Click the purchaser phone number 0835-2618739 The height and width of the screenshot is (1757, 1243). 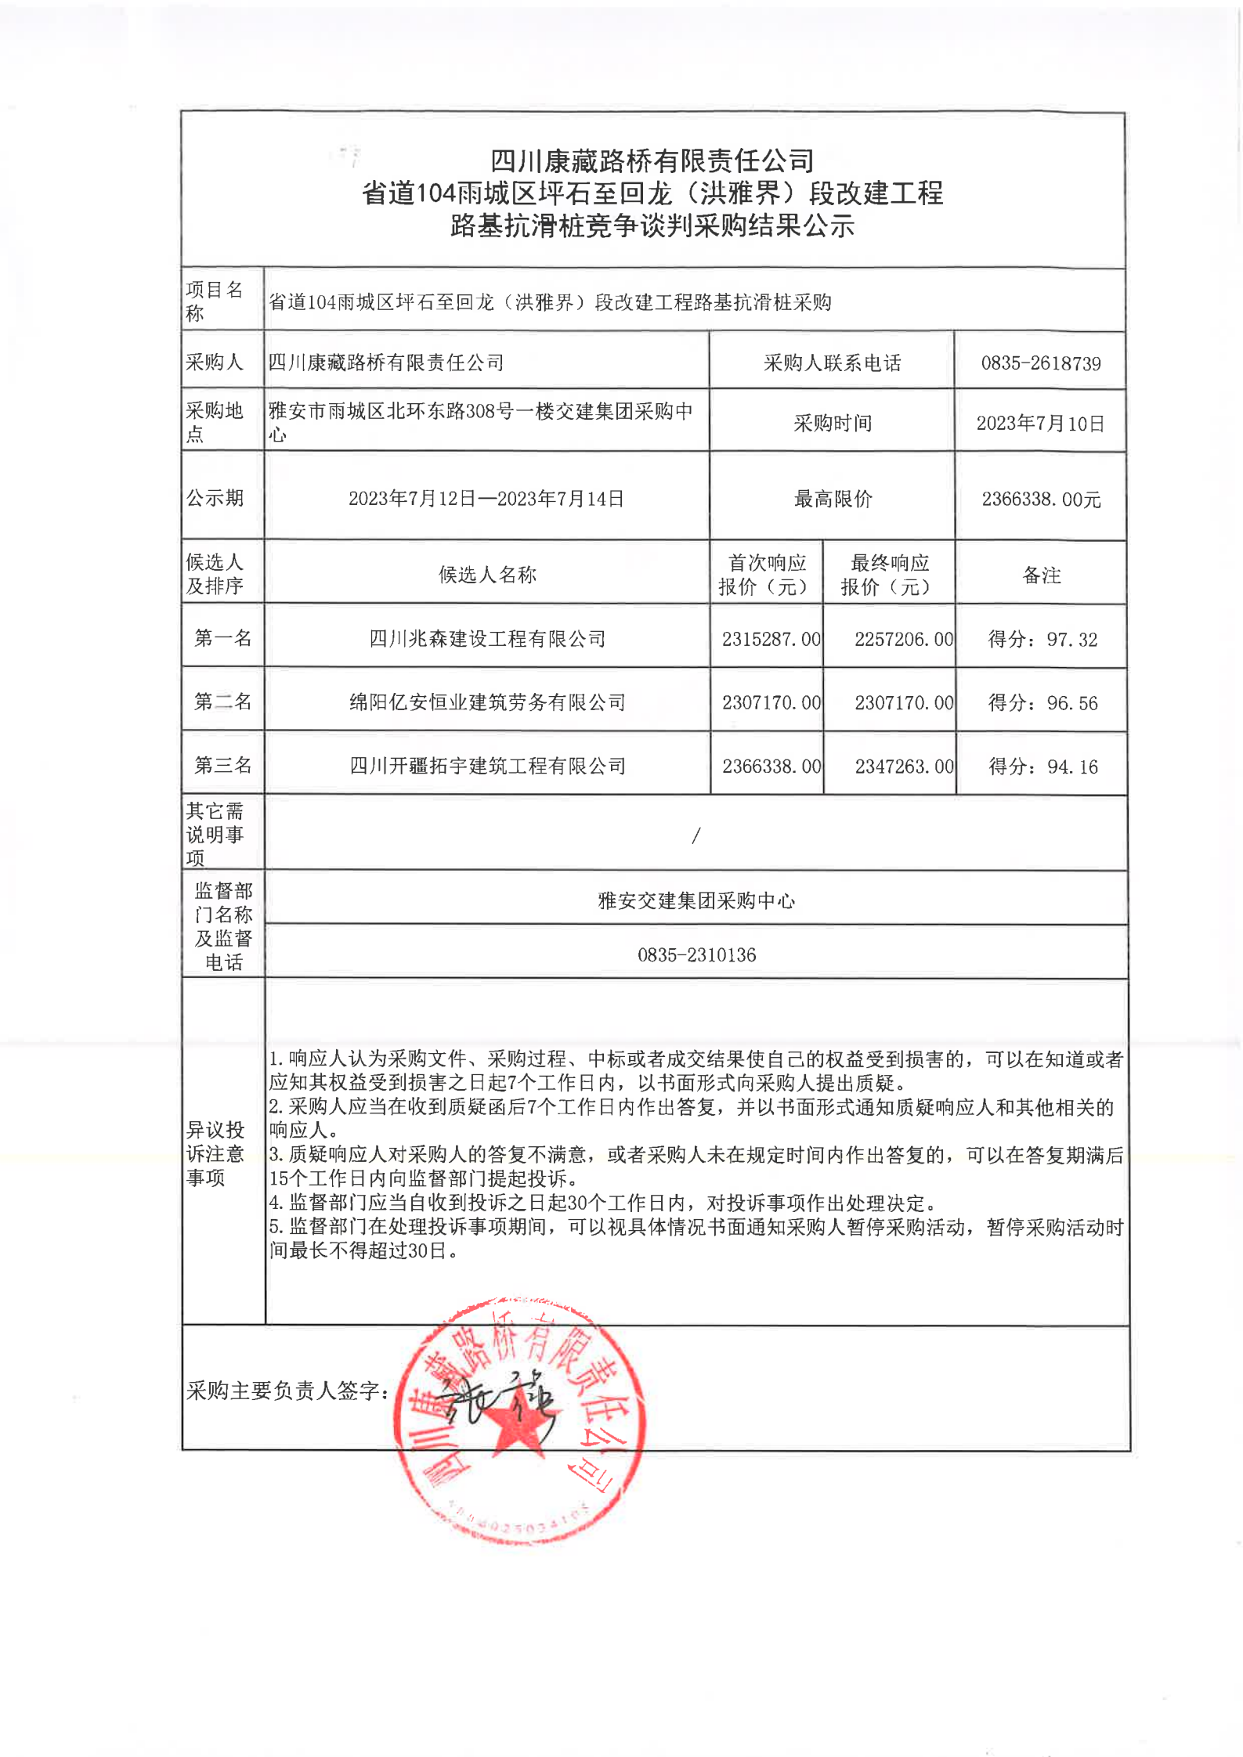[1040, 363]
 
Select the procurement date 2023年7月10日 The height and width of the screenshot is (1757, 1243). [1040, 424]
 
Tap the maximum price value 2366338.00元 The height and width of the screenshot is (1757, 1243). [1041, 500]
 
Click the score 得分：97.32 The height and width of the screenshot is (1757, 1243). [1042, 640]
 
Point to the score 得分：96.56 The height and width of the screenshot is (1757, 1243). [1042, 703]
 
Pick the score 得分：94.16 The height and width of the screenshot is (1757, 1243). [1042, 767]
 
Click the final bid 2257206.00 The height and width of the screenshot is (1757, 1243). [904, 640]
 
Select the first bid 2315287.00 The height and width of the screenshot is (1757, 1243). [771, 640]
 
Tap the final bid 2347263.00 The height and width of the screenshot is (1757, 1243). [904, 767]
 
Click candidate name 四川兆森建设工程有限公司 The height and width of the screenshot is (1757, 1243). [487, 639]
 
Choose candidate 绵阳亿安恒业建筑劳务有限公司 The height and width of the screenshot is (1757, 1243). [487, 702]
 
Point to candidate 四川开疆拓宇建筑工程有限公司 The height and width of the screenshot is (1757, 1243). [487, 766]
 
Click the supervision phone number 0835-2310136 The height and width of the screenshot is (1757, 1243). [696, 954]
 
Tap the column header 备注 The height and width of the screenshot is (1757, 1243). [1041, 575]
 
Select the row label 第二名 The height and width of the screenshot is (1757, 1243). [222, 702]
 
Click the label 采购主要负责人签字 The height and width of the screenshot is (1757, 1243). [287, 1391]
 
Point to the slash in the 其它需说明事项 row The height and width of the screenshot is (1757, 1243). [696, 835]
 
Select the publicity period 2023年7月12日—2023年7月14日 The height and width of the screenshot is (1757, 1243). [486, 499]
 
